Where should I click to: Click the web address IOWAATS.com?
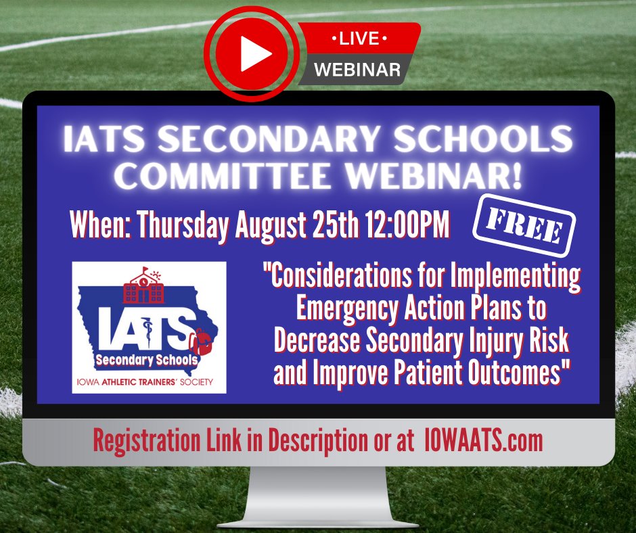(484, 441)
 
